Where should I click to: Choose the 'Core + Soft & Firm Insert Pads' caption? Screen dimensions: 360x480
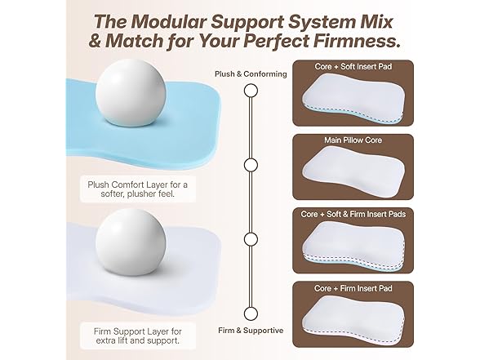point(356,213)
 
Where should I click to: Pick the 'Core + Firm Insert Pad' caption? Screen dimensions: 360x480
point(356,288)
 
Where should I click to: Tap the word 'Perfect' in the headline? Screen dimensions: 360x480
point(262,39)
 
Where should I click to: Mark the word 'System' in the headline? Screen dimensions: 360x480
point(327,18)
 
